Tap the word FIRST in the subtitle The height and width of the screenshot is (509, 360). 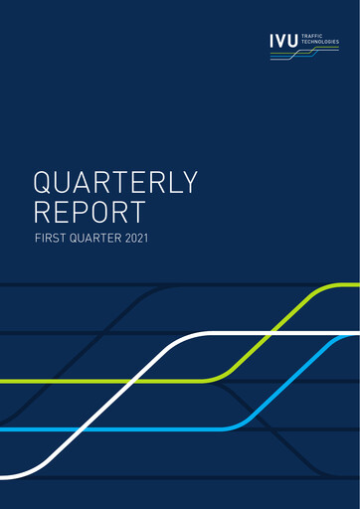click(x=51, y=239)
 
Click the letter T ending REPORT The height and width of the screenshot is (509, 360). click(x=136, y=212)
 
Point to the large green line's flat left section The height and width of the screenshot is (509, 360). click(x=60, y=381)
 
